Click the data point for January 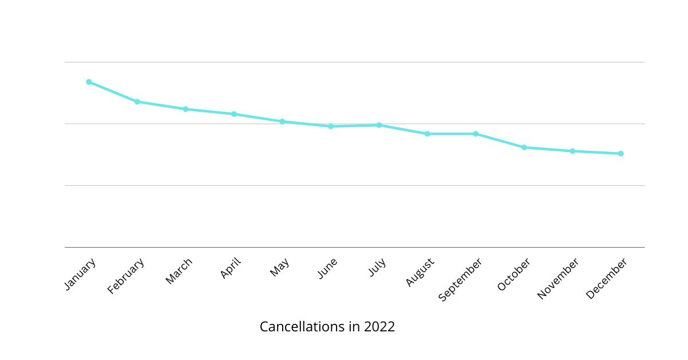(89, 82)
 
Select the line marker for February (137, 101)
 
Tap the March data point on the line (186, 109)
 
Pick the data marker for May (282, 122)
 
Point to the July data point (379, 125)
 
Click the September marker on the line (476, 134)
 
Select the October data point (524, 147)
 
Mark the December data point (621, 154)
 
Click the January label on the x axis (80, 274)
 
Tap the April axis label (230, 268)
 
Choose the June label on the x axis (327, 268)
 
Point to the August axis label (420, 272)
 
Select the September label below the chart (460, 279)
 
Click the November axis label (558, 278)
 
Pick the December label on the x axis (607, 278)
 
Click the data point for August (427, 134)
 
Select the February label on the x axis (126, 276)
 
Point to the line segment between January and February (113, 92)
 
